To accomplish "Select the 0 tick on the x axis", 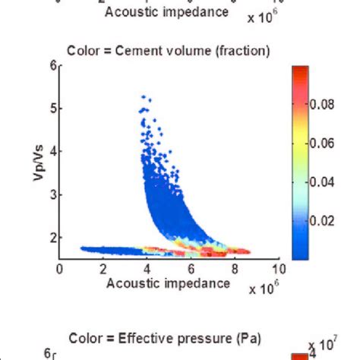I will click(x=60, y=268).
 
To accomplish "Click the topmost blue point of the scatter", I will click(x=143, y=97).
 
